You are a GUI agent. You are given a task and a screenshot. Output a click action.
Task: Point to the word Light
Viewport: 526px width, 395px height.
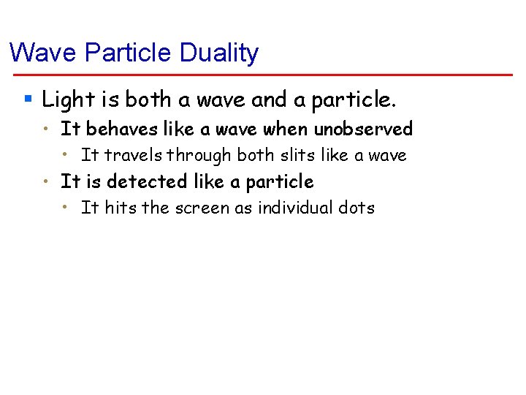[66, 99]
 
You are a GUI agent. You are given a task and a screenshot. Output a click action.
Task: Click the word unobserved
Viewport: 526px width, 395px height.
[363, 129]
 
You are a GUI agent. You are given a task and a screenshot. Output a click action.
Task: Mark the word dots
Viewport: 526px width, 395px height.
[357, 208]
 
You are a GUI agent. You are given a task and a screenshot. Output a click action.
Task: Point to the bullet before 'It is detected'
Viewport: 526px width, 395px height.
[46, 181]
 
